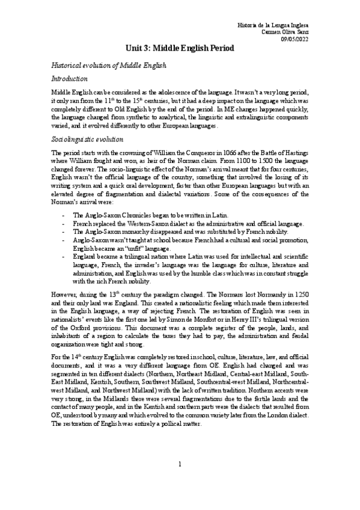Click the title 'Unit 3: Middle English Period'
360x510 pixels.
coord(180,47)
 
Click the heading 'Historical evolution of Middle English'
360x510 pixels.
coord(108,64)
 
